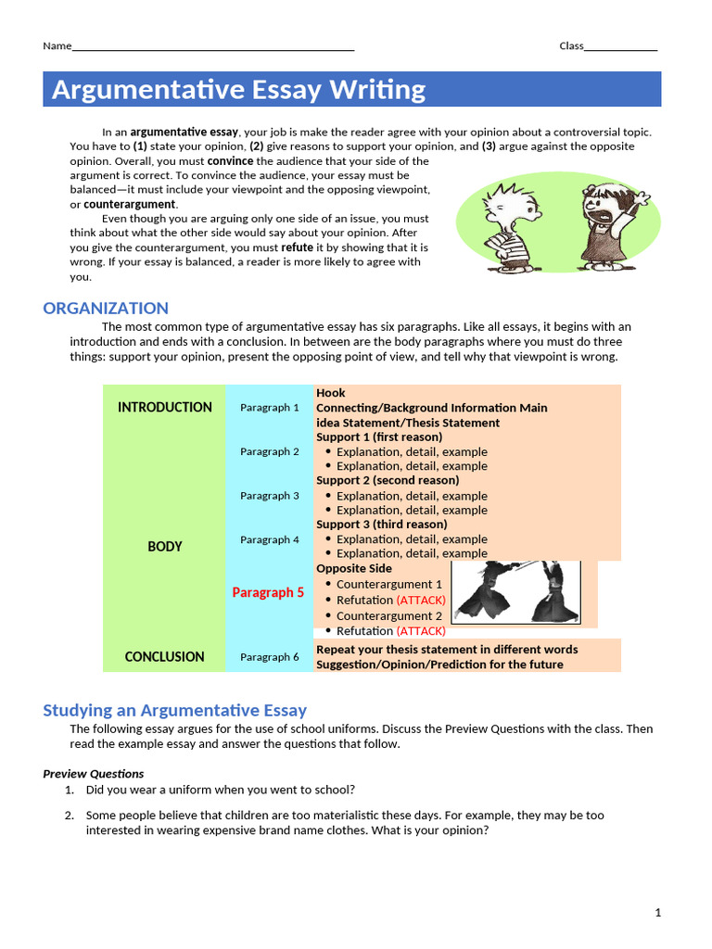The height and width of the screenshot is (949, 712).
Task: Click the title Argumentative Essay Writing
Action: point(239,90)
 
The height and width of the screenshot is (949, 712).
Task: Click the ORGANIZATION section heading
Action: point(106,309)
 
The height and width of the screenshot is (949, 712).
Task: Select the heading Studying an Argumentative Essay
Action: point(174,711)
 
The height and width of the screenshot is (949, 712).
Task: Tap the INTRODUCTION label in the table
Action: point(165,407)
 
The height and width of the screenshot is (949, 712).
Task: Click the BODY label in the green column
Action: point(165,547)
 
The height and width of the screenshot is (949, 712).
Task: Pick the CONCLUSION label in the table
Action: point(165,657)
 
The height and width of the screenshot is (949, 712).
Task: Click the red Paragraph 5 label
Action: point(268,592)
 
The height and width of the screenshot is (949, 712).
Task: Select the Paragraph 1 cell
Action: point(270,407)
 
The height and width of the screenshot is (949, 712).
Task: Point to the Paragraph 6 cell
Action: point(270,657)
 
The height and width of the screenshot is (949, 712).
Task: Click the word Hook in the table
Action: point(331,393)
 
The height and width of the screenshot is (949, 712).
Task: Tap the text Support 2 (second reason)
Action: point(388,480)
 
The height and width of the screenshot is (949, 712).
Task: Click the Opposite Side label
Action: point(354,568)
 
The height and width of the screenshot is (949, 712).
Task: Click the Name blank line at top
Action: point(213,47)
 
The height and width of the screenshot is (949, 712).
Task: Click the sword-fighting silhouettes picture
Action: point(515,591)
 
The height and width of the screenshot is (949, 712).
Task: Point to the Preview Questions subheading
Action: point(94,774)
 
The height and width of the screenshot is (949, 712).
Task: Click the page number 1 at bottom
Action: point(658,913)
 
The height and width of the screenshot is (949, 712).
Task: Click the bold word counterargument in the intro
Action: point(129,204)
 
